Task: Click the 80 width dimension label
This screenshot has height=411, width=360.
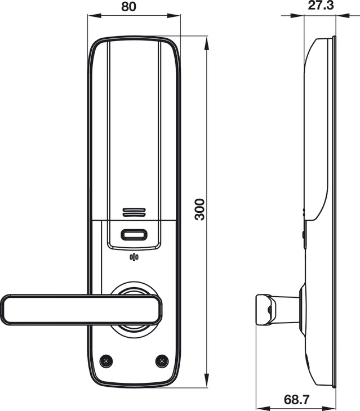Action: [x=129, y=6]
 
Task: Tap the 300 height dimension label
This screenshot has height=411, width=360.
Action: [x=200, y=209]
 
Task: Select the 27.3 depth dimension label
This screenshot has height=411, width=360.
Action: [x=321, y=5]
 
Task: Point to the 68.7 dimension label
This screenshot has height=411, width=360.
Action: [x=296, y=400]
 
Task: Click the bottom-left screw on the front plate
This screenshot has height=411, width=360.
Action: [x=106, y=361]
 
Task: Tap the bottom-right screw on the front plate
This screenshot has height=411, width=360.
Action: [x=162, y=361]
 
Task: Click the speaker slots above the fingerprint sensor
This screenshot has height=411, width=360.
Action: [x=134, y=212]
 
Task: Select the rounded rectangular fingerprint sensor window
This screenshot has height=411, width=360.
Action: [x=134, y=235]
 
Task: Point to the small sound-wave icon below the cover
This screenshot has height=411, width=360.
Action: [x=134, y=257]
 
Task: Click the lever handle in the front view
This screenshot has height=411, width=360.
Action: [x=81, y=310]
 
